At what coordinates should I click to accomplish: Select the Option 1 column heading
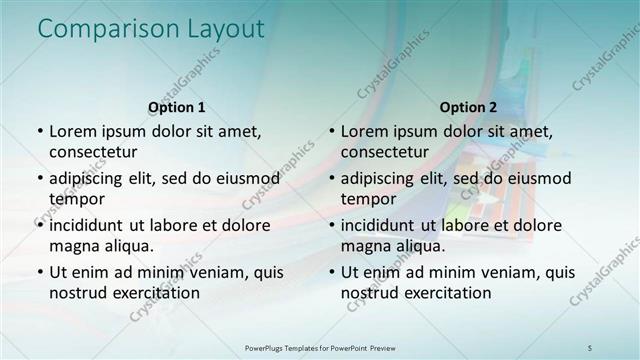(x=177, y=107)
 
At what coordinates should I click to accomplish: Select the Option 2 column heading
(x=468, y=107)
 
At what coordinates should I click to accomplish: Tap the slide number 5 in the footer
(x=591, y=347)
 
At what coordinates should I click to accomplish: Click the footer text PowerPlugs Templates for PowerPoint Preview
(x=320, y=347)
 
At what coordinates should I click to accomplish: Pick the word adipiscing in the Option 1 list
(x=92, y=178)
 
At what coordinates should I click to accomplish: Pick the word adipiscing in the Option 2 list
(x=384, y=178)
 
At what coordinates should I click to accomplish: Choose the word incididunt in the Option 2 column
(x=385, y=225)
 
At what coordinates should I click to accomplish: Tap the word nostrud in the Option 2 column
(x=372, y=293)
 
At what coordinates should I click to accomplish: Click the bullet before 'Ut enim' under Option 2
(x=331, y=272)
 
